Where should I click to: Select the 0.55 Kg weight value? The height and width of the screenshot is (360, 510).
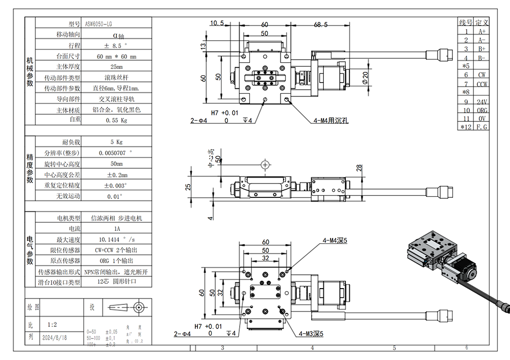[x=116, y=121]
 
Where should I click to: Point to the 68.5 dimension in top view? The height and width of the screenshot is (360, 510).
[x=321, y=24]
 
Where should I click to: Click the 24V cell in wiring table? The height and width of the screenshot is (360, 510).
[x=481, y=101]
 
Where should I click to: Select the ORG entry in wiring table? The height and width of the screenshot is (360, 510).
[x=481, y=110]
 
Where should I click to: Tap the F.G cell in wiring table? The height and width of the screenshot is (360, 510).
[x=481, y=127]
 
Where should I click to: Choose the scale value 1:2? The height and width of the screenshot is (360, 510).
[x=52, y=324]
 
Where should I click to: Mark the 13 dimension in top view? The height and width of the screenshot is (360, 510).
[x=203, y=46]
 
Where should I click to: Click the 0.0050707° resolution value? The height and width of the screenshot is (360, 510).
[x=116, y=153]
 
